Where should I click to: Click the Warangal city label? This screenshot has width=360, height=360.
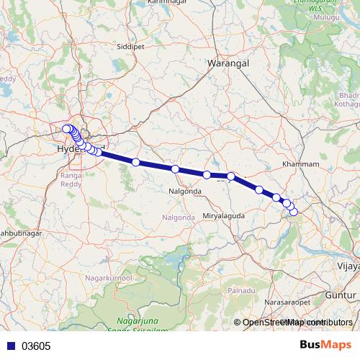228,64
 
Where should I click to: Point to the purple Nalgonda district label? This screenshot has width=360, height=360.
179,217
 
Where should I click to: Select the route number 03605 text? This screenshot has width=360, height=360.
36,346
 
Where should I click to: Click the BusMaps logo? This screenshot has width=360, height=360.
325,345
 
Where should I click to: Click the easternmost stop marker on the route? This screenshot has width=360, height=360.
293,211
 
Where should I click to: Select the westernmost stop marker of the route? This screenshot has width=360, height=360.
66,129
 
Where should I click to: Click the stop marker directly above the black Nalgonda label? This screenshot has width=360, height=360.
175,169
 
